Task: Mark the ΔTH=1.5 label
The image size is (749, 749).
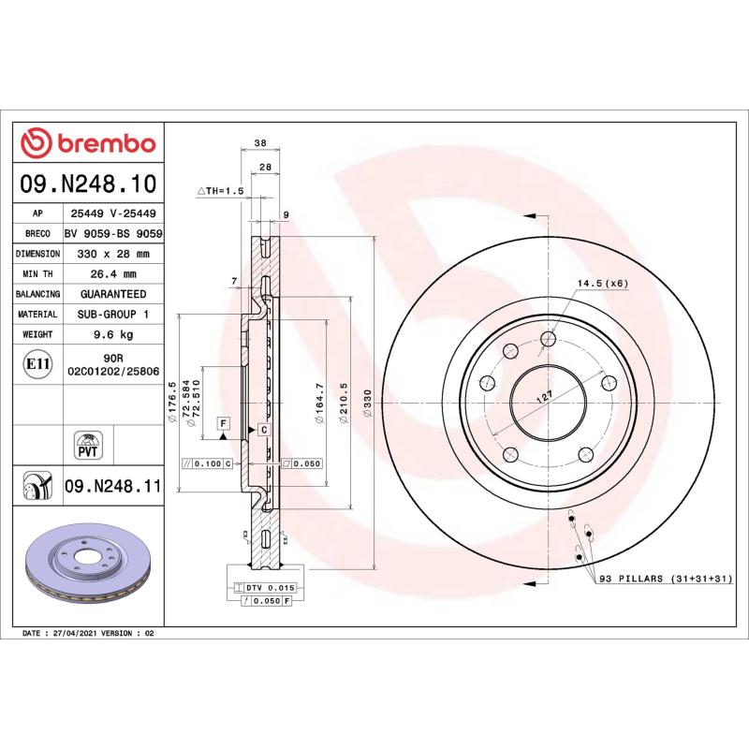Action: point(220,190)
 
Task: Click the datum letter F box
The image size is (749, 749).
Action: point(223,423)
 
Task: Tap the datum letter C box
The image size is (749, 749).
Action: point(264,430)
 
